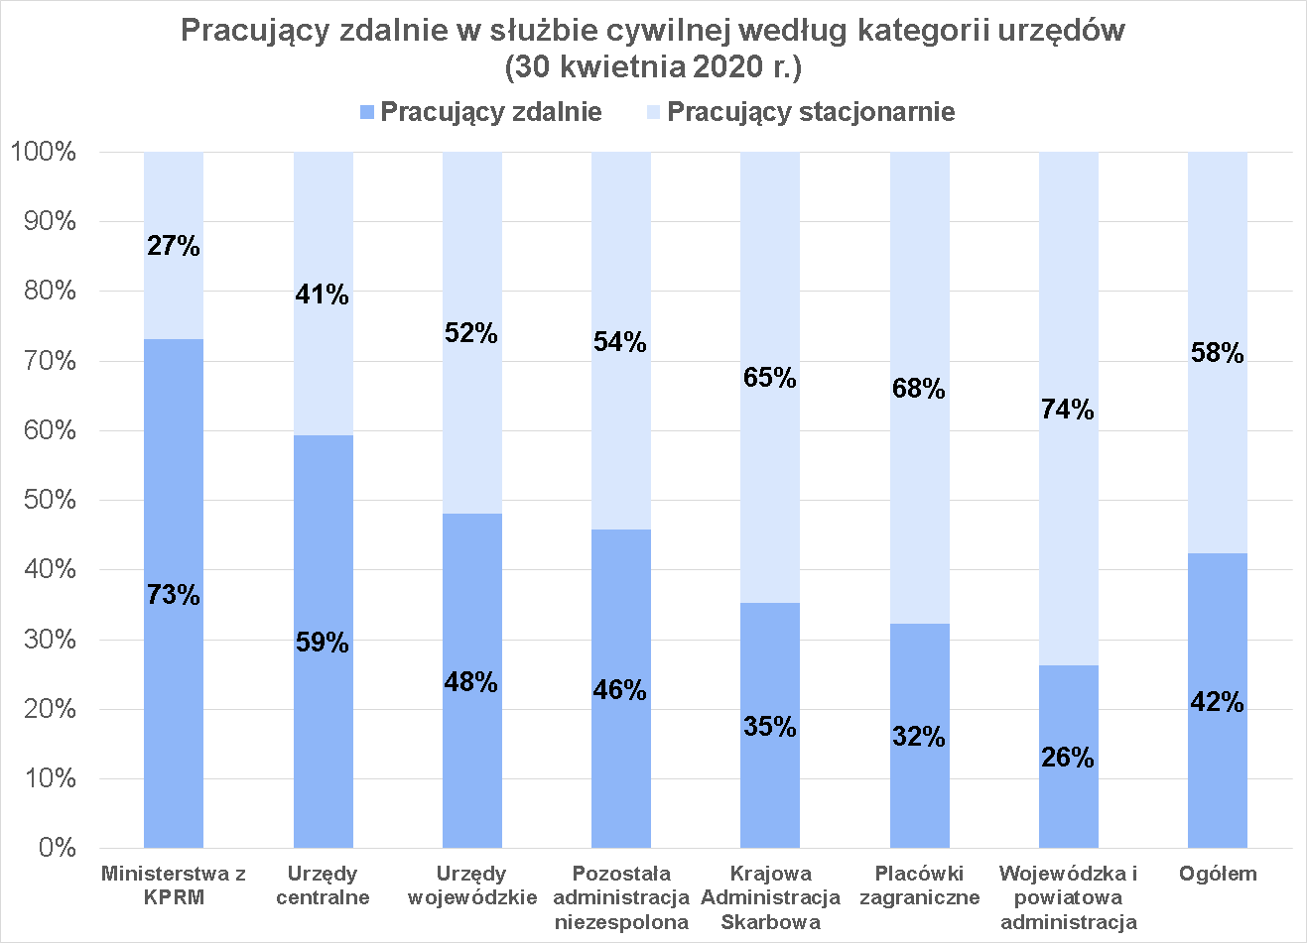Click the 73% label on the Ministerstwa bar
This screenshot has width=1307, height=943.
tap(174, 595)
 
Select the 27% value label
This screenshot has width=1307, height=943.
tap(174, 246)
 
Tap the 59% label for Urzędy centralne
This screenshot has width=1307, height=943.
tap(323, 643)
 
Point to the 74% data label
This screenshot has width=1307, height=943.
tap(1068, 410)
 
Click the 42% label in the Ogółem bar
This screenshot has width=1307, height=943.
tap(1217, 702)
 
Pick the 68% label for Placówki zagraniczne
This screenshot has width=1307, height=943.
tap(919, 389)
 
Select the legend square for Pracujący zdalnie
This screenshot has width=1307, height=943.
tap(367, 112)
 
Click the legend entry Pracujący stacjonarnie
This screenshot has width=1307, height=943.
tap(810, 111)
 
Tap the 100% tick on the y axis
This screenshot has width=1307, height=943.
tap(43, 152)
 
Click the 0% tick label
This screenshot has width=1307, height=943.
tap(58, 848)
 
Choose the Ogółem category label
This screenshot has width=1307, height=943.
tap(1218, 874)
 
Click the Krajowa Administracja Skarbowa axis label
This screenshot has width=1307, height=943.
tap(770, 897)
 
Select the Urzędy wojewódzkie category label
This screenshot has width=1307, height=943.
tap(471, 885)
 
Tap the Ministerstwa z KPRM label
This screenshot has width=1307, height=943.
tap(174, 885)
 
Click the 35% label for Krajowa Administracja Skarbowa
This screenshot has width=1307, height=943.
tap(770, 727)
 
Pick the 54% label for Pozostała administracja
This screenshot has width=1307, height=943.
tap(620, 342)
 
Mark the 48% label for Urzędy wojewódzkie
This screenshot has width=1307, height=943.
tap(471, 682)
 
